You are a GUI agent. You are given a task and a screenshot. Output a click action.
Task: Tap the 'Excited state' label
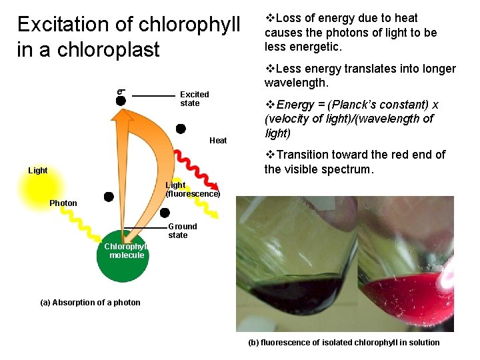[x=194, y=99]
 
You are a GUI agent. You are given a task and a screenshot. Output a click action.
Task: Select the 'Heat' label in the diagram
[x=218, y=141]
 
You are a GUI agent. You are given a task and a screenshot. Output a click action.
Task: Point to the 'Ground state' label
[x=182, y=231]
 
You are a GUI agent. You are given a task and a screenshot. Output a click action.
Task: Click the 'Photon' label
[x=63, y=203]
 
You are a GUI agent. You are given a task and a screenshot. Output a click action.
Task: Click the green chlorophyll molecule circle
[x=122, y=260]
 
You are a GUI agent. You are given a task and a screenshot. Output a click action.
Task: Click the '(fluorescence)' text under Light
[x=193, y=194]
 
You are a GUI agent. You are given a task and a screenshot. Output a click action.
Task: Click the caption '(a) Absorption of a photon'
[x=91, y=303]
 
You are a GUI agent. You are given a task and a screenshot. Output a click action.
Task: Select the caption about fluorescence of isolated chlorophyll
[x=343, y=343]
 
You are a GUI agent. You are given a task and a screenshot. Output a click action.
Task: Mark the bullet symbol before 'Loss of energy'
[x=269, y=18]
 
